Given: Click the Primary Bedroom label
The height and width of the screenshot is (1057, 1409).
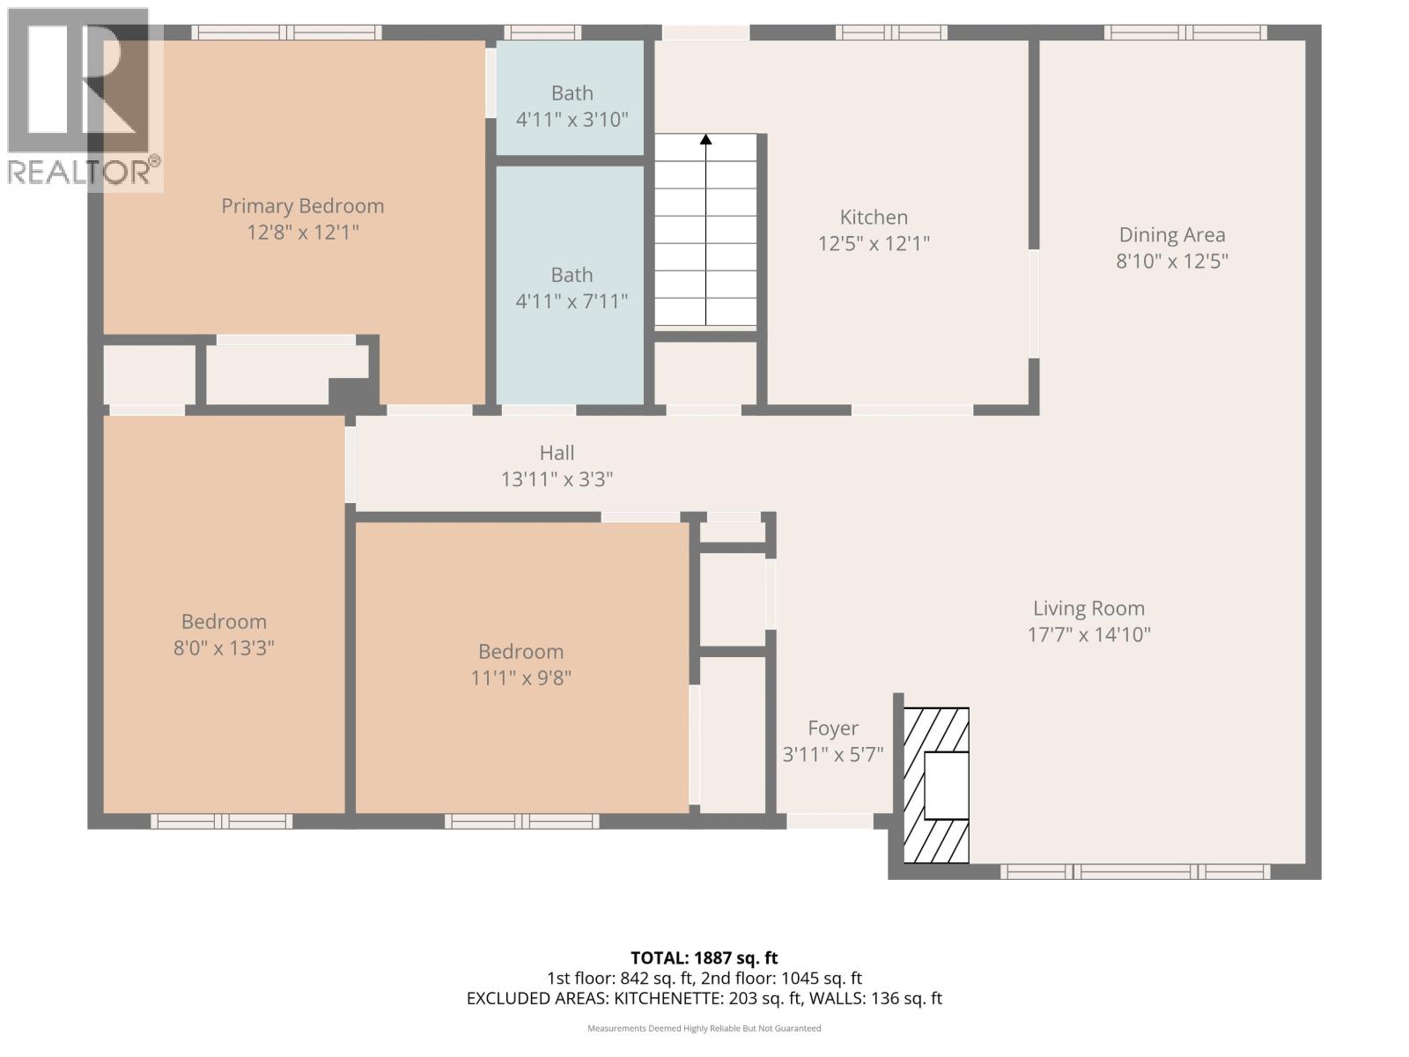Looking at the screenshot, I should [302, 206].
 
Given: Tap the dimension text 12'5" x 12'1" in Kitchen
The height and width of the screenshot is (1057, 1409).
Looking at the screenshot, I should [874, 244].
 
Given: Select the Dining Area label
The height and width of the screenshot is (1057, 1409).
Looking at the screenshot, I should [1171, 235].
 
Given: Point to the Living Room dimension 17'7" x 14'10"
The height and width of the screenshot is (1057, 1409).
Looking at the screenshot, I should [1088, 635].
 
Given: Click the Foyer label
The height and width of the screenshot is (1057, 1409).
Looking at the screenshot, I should [833, 728].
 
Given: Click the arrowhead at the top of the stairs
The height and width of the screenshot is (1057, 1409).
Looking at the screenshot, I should [705, 139].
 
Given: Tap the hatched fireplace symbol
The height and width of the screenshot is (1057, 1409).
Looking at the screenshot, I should [937, 786].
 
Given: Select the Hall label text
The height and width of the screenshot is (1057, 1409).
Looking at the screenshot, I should [557, 453].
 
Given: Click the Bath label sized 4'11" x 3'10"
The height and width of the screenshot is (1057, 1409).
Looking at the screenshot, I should [572, 93].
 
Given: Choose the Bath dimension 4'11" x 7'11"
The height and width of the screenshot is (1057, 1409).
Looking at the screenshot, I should [572, 302].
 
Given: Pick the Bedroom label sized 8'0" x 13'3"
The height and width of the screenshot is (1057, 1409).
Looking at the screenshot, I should [224, 622].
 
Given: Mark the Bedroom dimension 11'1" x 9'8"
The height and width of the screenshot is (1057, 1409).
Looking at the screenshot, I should [520, 678].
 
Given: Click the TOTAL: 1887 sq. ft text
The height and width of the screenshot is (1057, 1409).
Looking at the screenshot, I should [704, 957].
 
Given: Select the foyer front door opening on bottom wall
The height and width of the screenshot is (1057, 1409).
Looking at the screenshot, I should [829, 821].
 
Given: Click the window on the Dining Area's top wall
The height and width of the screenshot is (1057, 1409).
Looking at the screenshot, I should [1185, 33].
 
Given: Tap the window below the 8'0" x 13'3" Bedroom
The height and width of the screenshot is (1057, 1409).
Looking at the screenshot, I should [221, 821].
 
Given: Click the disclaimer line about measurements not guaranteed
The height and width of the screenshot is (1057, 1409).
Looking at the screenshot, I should [704, 1029].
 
